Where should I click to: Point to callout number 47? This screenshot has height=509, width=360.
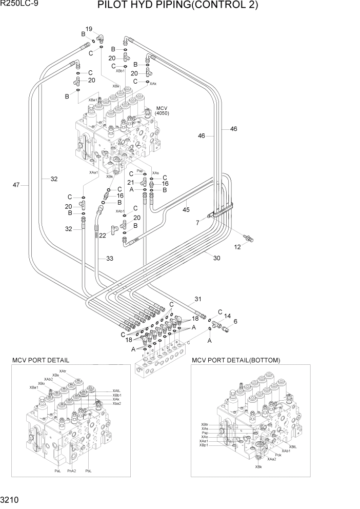coord(17,185)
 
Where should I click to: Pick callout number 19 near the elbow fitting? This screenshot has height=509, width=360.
coord(89,29)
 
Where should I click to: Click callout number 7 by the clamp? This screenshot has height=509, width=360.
coord(197,222)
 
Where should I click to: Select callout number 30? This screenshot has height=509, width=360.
coord(216,258)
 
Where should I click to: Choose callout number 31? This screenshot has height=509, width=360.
coord(198,299)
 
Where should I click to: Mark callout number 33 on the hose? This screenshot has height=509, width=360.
coord(109,259)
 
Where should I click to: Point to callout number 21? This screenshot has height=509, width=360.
coord(130,183)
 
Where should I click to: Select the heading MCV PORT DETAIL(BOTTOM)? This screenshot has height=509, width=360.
coord(236,360)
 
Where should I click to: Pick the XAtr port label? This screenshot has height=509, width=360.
coord(63,371)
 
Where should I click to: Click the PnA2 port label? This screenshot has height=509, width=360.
coord(71,471)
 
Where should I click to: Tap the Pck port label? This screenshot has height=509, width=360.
coord(278,455)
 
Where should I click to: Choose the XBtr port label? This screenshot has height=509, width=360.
coord(205,424)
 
